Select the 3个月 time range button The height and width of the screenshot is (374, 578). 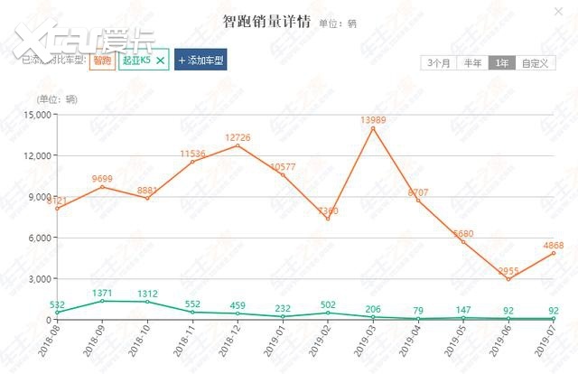(439, 62)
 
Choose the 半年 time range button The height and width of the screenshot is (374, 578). (472, 62)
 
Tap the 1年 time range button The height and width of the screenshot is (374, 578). (501, 62)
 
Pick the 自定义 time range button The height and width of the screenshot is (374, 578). (533, 62)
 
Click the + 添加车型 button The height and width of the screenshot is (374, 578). (200, 61)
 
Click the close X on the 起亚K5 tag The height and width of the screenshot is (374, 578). (161, 61)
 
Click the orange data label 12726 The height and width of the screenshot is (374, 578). (238, 136)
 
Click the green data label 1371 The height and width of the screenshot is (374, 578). (102, 294)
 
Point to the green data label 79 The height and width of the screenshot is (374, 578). (418, 311)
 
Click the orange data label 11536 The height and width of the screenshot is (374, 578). (192, 154)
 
